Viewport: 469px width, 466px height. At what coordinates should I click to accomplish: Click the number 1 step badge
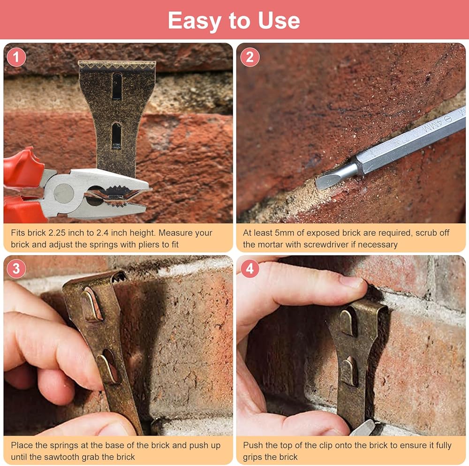pyautogui.click(x=16, y=57)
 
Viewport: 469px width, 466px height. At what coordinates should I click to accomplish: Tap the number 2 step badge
pyautogui.click(x=250, y=57)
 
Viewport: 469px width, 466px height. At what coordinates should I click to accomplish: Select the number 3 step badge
pyautogui.click(x=16, y=268)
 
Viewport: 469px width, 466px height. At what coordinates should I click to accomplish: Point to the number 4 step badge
pyautogui.click(x=250, y=268)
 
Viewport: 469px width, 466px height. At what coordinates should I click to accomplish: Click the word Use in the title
pyautogui.click(x=279, y=21)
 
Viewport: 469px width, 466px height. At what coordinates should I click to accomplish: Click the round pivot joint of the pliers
pyautogui.click(x=64, y=193)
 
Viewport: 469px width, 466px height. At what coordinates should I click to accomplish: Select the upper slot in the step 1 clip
pyautogui.click(x=117, y=86)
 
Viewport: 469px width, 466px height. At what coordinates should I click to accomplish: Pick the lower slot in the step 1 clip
pyautogui.click(x=116, y=136)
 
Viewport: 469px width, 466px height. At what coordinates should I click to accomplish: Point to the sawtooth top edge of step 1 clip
pyautogui.click(x=117, y=65)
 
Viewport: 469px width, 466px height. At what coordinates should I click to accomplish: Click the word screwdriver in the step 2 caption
pyautogui.click(x=348, y=245)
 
